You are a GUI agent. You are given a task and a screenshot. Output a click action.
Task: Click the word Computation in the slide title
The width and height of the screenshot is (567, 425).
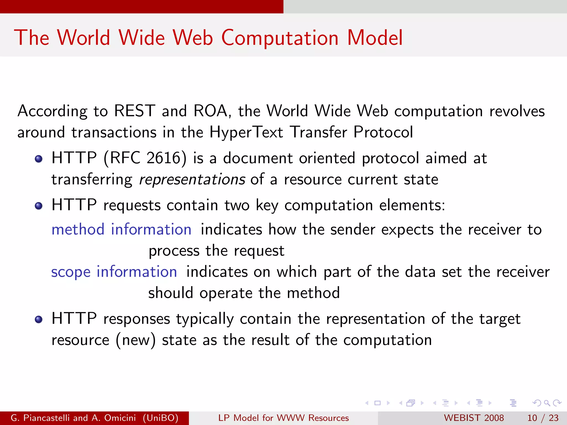point(280,38)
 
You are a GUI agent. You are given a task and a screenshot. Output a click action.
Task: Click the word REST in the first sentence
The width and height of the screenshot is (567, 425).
point(135,111)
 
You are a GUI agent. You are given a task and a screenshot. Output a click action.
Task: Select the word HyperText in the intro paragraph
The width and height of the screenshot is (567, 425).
point(246,132)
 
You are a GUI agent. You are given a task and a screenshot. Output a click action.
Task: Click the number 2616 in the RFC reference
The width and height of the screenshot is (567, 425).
point(164,158)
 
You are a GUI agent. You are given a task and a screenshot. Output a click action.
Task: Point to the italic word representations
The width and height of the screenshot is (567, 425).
point(192,180)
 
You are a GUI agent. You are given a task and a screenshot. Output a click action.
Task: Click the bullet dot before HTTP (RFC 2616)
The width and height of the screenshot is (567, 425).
point(38,159)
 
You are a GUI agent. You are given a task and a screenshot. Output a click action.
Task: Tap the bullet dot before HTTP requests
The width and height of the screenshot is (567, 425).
point(38,206)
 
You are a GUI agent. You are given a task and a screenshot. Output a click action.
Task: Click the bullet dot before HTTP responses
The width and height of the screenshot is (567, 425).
point(38,320)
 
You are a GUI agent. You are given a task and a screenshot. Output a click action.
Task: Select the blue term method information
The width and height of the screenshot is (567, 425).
point(121,229)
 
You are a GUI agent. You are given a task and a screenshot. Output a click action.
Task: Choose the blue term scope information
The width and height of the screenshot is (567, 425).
point(114,272)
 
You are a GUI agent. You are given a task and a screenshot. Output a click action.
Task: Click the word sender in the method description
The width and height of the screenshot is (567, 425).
point(353,229)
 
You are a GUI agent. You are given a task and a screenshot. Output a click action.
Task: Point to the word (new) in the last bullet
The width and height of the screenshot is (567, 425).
point(135,340)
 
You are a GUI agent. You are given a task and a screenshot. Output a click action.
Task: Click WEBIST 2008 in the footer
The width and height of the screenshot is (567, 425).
point(474,418)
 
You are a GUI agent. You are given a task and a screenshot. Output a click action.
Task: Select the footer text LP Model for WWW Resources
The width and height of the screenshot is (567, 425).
point(283,418)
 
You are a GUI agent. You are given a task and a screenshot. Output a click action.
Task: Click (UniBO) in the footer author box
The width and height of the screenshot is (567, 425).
point(161,418)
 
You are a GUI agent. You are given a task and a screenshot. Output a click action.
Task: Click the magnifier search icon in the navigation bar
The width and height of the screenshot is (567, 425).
point(547,403)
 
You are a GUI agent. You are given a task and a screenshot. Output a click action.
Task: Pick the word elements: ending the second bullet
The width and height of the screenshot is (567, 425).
point(412,205)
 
